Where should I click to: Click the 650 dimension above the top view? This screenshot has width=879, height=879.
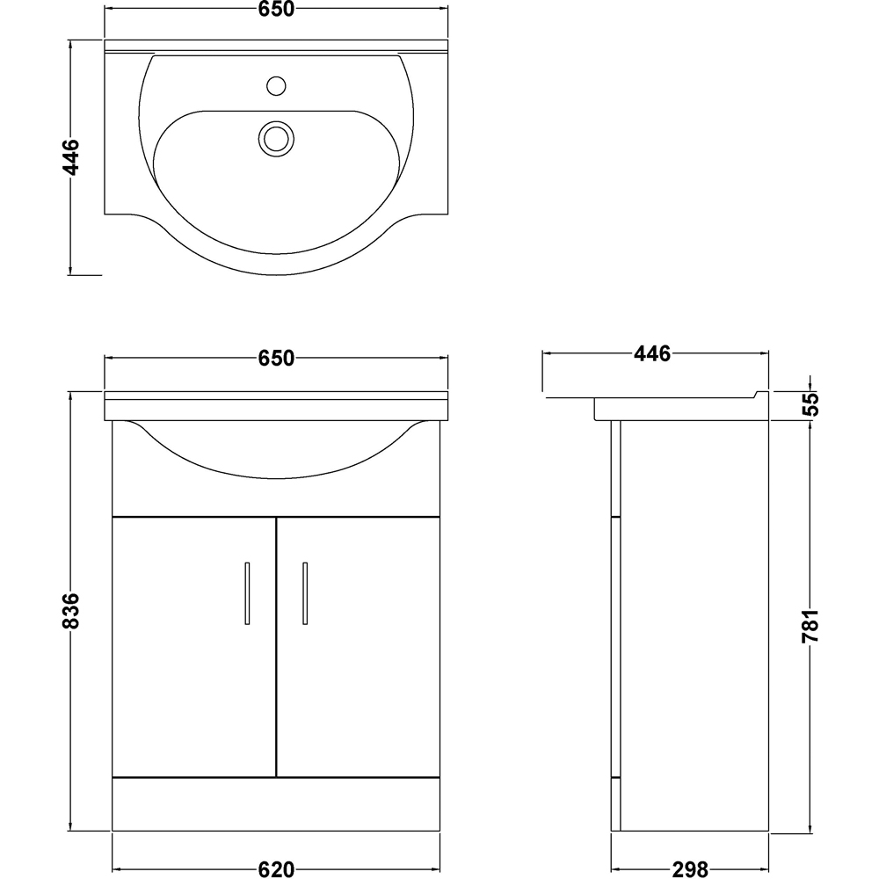pos(276,11)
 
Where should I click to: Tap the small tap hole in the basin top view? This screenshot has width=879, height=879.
pos(276,86)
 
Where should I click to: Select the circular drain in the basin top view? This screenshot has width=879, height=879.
pos(276,137)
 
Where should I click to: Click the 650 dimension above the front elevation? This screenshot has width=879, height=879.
pos(276,358)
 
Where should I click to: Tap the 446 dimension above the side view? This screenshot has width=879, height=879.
pos(652,354)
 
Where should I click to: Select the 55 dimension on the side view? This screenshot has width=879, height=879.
pos(810,403)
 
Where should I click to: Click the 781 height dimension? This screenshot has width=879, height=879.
pos(810,626)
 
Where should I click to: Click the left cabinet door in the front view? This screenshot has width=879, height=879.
pos(193,650)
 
